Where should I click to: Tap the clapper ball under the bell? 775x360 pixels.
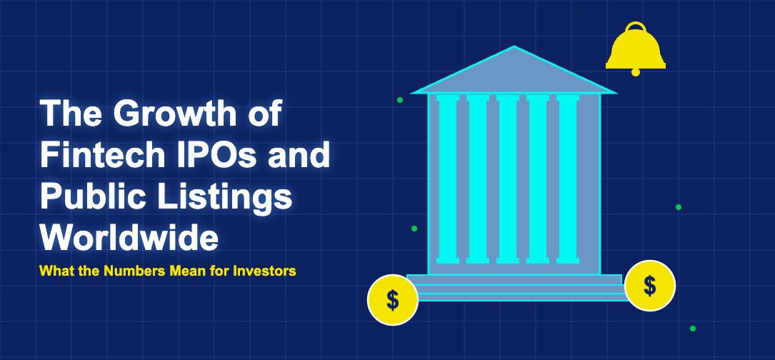[636, 72]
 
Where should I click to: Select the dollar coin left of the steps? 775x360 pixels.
[393, 300]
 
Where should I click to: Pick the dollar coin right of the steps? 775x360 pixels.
[650, 286]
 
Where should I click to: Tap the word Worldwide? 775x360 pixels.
[129, 237]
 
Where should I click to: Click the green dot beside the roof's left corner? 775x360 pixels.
[400, 100]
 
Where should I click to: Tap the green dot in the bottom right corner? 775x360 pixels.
[692, 329]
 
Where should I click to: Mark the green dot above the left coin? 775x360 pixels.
[414, 229]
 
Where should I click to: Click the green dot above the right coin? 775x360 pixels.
[679, 206]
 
